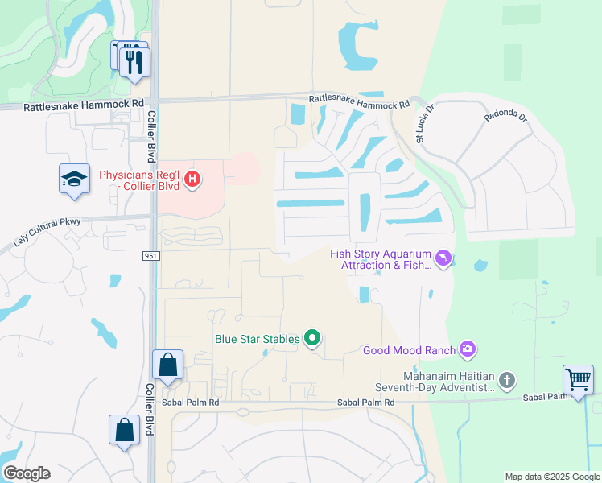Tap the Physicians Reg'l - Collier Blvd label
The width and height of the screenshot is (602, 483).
(x=140, y=180)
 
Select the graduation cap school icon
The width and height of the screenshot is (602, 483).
(x=74, y=179)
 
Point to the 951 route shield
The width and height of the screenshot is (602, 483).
(x=150, y=255)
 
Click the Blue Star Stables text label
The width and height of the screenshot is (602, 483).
(x=257, y=339)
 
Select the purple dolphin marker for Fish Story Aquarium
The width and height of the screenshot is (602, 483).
(x=443, y=258)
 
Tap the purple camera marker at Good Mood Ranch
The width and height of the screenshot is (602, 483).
(x=468, y=349)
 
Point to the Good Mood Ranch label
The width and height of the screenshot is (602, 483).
(x=409, y=350)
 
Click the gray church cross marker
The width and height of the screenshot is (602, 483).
(x=506, y=378)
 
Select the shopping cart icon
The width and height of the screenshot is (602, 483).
(x=578, y=379)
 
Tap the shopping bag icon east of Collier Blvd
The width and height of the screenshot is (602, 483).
(x=167, y=365)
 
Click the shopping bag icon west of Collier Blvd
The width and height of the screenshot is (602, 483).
(x=125, y=430)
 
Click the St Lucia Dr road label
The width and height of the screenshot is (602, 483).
(x=425, y=123)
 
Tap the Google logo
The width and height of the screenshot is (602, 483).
(x=26, y=473)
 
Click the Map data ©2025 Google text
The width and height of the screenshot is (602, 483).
(x=551, y=477)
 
